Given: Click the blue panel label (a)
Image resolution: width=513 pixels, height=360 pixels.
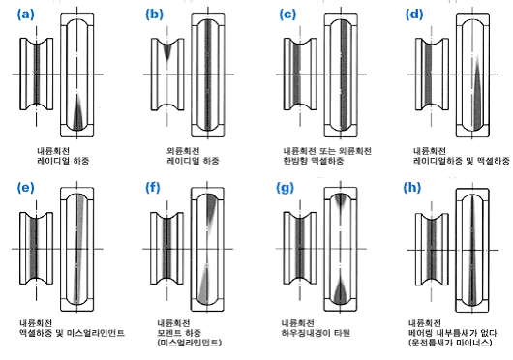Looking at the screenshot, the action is coord(25,15).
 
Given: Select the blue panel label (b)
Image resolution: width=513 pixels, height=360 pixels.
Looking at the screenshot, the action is coord(154,15).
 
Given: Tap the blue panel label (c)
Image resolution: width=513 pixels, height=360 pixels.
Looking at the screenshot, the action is coord(287,15).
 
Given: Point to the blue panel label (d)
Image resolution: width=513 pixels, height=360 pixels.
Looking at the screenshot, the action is coord(414,15).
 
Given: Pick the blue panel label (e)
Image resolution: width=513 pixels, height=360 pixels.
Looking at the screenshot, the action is coord(25,188).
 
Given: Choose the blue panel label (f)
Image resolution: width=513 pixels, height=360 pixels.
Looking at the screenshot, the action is coord(153,188).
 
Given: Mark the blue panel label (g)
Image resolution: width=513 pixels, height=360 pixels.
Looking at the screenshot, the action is coord(285,189).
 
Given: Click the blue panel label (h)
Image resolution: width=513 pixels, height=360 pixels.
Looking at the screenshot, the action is coord(412,188).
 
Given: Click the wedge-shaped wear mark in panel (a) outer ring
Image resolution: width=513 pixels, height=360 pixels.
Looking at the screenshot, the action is coord(77,113).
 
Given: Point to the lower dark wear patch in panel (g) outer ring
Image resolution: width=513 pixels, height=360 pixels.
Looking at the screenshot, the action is coord(341,291).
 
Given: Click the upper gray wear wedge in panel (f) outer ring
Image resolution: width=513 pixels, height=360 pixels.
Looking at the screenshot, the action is coord(211,209).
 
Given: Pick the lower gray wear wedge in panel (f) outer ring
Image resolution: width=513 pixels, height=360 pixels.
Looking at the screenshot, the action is coord(203,285).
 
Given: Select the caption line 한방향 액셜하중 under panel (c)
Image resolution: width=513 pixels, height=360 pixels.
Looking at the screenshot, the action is coord(313,161).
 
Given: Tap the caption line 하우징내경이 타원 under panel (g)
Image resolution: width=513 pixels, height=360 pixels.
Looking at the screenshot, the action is coord(316,333).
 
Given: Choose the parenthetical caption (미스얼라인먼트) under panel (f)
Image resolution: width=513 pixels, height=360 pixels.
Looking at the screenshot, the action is coord(190,343).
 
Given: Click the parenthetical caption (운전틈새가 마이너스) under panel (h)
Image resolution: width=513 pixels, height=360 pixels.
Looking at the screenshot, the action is coord(450,343).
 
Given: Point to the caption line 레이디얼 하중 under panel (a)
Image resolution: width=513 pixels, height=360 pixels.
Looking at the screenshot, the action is coord(63,161).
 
